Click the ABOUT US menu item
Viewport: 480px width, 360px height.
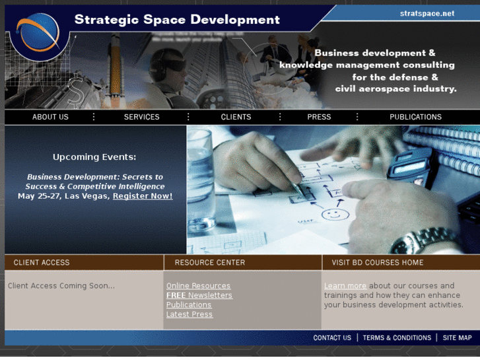[50, 117]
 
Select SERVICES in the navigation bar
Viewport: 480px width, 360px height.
[141, 117]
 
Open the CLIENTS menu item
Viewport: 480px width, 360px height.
[236, 117]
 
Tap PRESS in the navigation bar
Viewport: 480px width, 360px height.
[319, 117]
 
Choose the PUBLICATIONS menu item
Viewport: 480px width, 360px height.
[415, 117]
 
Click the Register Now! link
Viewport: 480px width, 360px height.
[143, 196]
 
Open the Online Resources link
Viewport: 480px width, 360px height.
[198, 286]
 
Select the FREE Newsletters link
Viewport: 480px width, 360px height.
[199, 295]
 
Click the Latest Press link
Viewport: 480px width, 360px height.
[189, 314]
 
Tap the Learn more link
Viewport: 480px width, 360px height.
[345, 286]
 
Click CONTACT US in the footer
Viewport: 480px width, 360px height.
[332, 338]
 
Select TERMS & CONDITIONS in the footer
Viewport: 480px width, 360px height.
[397, 338]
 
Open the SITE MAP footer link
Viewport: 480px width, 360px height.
[457, 338]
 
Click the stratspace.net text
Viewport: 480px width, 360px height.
[427, 13]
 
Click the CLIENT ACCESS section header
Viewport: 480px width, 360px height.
[42, 262]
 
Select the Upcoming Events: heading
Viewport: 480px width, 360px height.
[94, 157]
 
